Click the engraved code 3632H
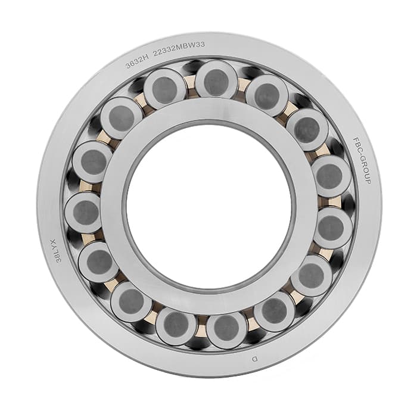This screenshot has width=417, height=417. [x=136, y=63]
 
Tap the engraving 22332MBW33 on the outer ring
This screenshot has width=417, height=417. [x=179, y=49]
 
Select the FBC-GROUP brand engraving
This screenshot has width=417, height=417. [x=362, y=160]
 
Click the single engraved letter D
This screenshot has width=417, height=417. [x=255, y=359]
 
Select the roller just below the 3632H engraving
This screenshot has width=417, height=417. [x=165, y=89]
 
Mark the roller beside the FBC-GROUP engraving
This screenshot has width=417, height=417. [x=331, y=176]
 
